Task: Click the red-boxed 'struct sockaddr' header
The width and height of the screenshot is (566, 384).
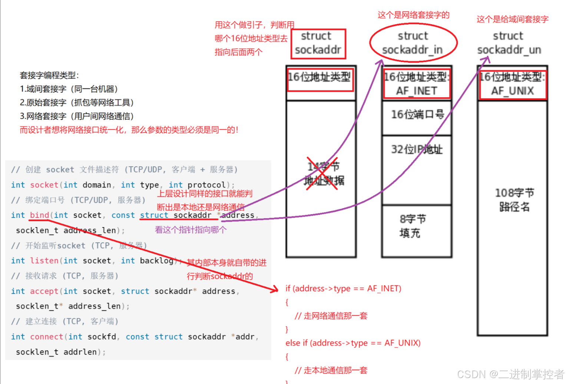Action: [x=318, y=43]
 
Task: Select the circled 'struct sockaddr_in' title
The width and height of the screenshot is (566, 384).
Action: [x=413, y=43]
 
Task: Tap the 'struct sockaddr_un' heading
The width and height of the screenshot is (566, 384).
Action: [x=509, y=43]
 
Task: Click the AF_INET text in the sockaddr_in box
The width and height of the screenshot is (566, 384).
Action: [x=417, y=91]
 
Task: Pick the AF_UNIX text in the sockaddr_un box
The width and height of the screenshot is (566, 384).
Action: [x=512, y=91]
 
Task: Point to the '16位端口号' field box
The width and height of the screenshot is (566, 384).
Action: [x=417, y=115]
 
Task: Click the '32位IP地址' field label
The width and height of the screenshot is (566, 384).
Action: [x=417, y=150]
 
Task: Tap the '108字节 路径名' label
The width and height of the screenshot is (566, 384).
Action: [x=514, y=200]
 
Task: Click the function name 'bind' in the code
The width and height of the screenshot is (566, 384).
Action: [x=39, y=215]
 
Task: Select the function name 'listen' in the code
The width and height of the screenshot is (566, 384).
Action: [x=44, y=261]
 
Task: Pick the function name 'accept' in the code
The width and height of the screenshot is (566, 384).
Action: [x=44, y=291]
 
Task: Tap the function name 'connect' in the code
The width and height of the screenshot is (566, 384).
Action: [x=46, y=337]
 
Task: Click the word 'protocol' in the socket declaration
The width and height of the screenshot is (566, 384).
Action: [x=206, y=185]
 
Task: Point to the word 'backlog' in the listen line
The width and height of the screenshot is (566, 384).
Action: [x=156, y=261]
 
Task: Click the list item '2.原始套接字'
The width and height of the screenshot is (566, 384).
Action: [x=76, y=103]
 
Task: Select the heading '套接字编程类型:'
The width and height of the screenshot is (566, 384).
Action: [x=49, y=75]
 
